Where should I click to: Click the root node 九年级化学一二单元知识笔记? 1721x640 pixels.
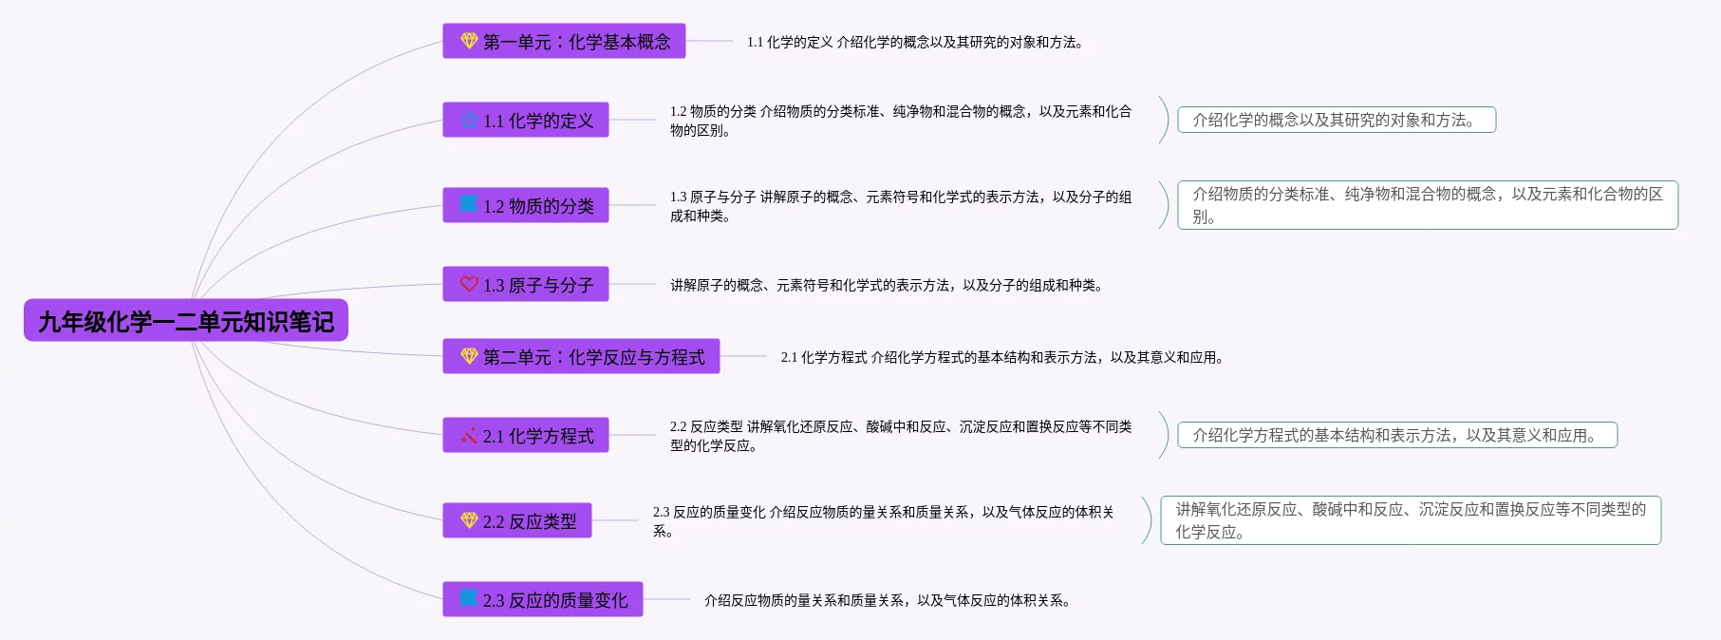[186, 321]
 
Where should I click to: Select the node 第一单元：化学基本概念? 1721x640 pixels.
[564, 41]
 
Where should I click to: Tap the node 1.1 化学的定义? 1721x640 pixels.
[526, 120]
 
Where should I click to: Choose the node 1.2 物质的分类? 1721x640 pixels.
[526, 205]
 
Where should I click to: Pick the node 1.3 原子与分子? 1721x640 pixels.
[526, 284]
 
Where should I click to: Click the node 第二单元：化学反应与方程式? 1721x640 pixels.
[581, 356]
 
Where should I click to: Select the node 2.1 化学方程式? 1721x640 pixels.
[526, 435]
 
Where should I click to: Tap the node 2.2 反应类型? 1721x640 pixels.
[517, 520]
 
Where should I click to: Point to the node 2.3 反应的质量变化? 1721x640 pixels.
[543, 599]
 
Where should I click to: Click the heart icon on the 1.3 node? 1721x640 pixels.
[469, 284]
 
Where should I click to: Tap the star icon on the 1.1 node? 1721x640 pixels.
[469, 120]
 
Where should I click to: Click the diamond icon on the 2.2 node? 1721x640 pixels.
[469, 520]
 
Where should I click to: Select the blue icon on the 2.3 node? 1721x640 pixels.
[469, 598]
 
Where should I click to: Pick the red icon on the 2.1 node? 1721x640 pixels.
[469, 436]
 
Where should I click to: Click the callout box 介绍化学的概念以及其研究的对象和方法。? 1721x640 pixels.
[1337, 120]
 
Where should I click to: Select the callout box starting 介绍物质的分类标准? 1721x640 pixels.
[1428, 205]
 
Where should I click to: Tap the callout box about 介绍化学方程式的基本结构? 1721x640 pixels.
[1397, 435]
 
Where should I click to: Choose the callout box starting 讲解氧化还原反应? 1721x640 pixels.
[1411, 520]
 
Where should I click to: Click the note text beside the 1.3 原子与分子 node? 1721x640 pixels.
[887, 285]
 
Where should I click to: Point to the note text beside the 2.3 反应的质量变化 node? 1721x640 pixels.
[888, 600]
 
